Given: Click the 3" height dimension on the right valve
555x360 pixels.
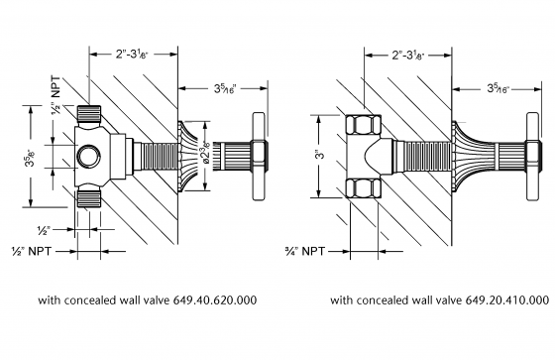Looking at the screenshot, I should point(319,155).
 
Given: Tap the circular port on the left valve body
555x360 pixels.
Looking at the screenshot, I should point(90,155).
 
